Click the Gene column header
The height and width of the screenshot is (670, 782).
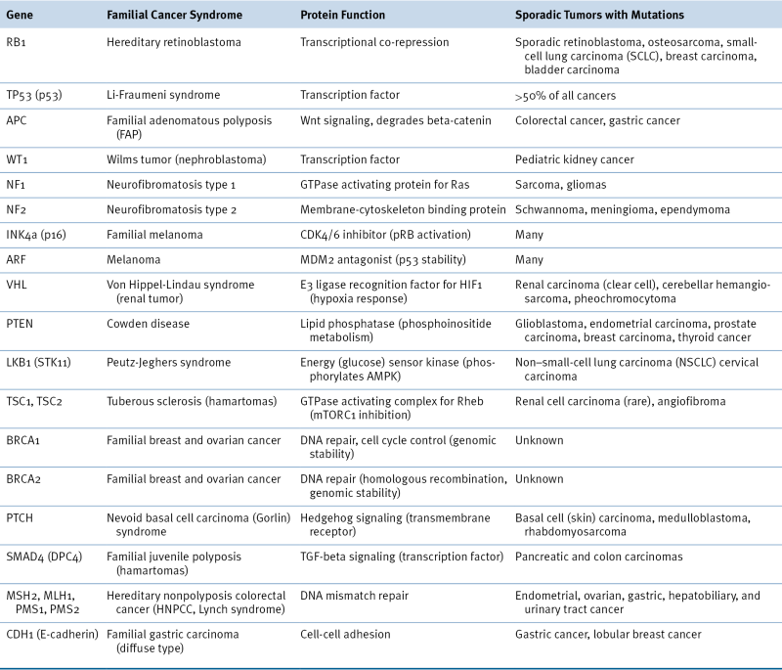[21, 17]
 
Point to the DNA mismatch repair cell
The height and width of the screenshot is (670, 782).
[355, 595]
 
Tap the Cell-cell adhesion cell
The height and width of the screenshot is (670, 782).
[345, 633]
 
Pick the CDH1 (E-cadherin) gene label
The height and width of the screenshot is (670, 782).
[52, 633]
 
